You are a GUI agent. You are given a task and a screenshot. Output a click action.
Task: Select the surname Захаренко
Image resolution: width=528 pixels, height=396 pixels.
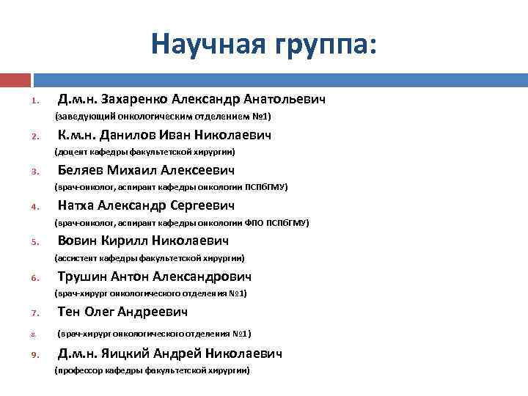coord(136,98)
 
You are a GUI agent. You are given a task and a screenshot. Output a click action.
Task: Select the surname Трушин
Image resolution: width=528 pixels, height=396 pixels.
coord(82,276)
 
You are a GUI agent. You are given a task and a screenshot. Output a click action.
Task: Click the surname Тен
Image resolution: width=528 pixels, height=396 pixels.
coord(69,312)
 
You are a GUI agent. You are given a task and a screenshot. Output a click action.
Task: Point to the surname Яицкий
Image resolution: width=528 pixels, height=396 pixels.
coord(136,353)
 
